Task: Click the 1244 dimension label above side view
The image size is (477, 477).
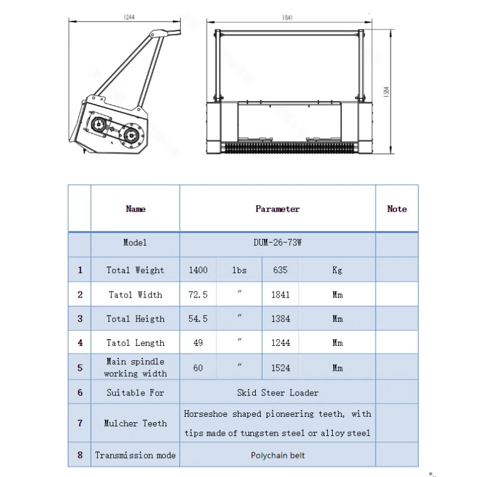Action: (x=129, y=17)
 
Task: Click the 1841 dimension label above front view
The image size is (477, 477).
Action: (x=288, y=18)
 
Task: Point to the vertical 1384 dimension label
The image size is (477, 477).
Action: (x=386, y=93)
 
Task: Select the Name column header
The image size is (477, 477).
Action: (x=135, y=209)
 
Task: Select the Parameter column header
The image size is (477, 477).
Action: (x=277, y=209)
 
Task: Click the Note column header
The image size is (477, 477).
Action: (x=397, y=209)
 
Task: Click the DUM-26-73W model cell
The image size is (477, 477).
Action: (x=277, y=243)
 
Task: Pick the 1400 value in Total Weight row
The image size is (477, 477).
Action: (x=198, y=270)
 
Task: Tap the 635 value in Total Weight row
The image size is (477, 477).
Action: (x=280, y=270)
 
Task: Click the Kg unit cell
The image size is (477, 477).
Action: (x=337, y=270)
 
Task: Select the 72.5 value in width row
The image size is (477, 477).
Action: (x=198, y=295)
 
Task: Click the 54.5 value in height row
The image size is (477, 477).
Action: (x=198, y=319)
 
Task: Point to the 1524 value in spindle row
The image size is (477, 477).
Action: (x=280, y=368)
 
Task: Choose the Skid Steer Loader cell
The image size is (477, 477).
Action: (x=277, y=393)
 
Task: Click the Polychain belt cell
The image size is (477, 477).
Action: (x=277, y=455)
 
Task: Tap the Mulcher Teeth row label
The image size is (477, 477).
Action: (x=135, y=423)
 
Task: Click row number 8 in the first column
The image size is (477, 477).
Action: (x=80, y=455)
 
